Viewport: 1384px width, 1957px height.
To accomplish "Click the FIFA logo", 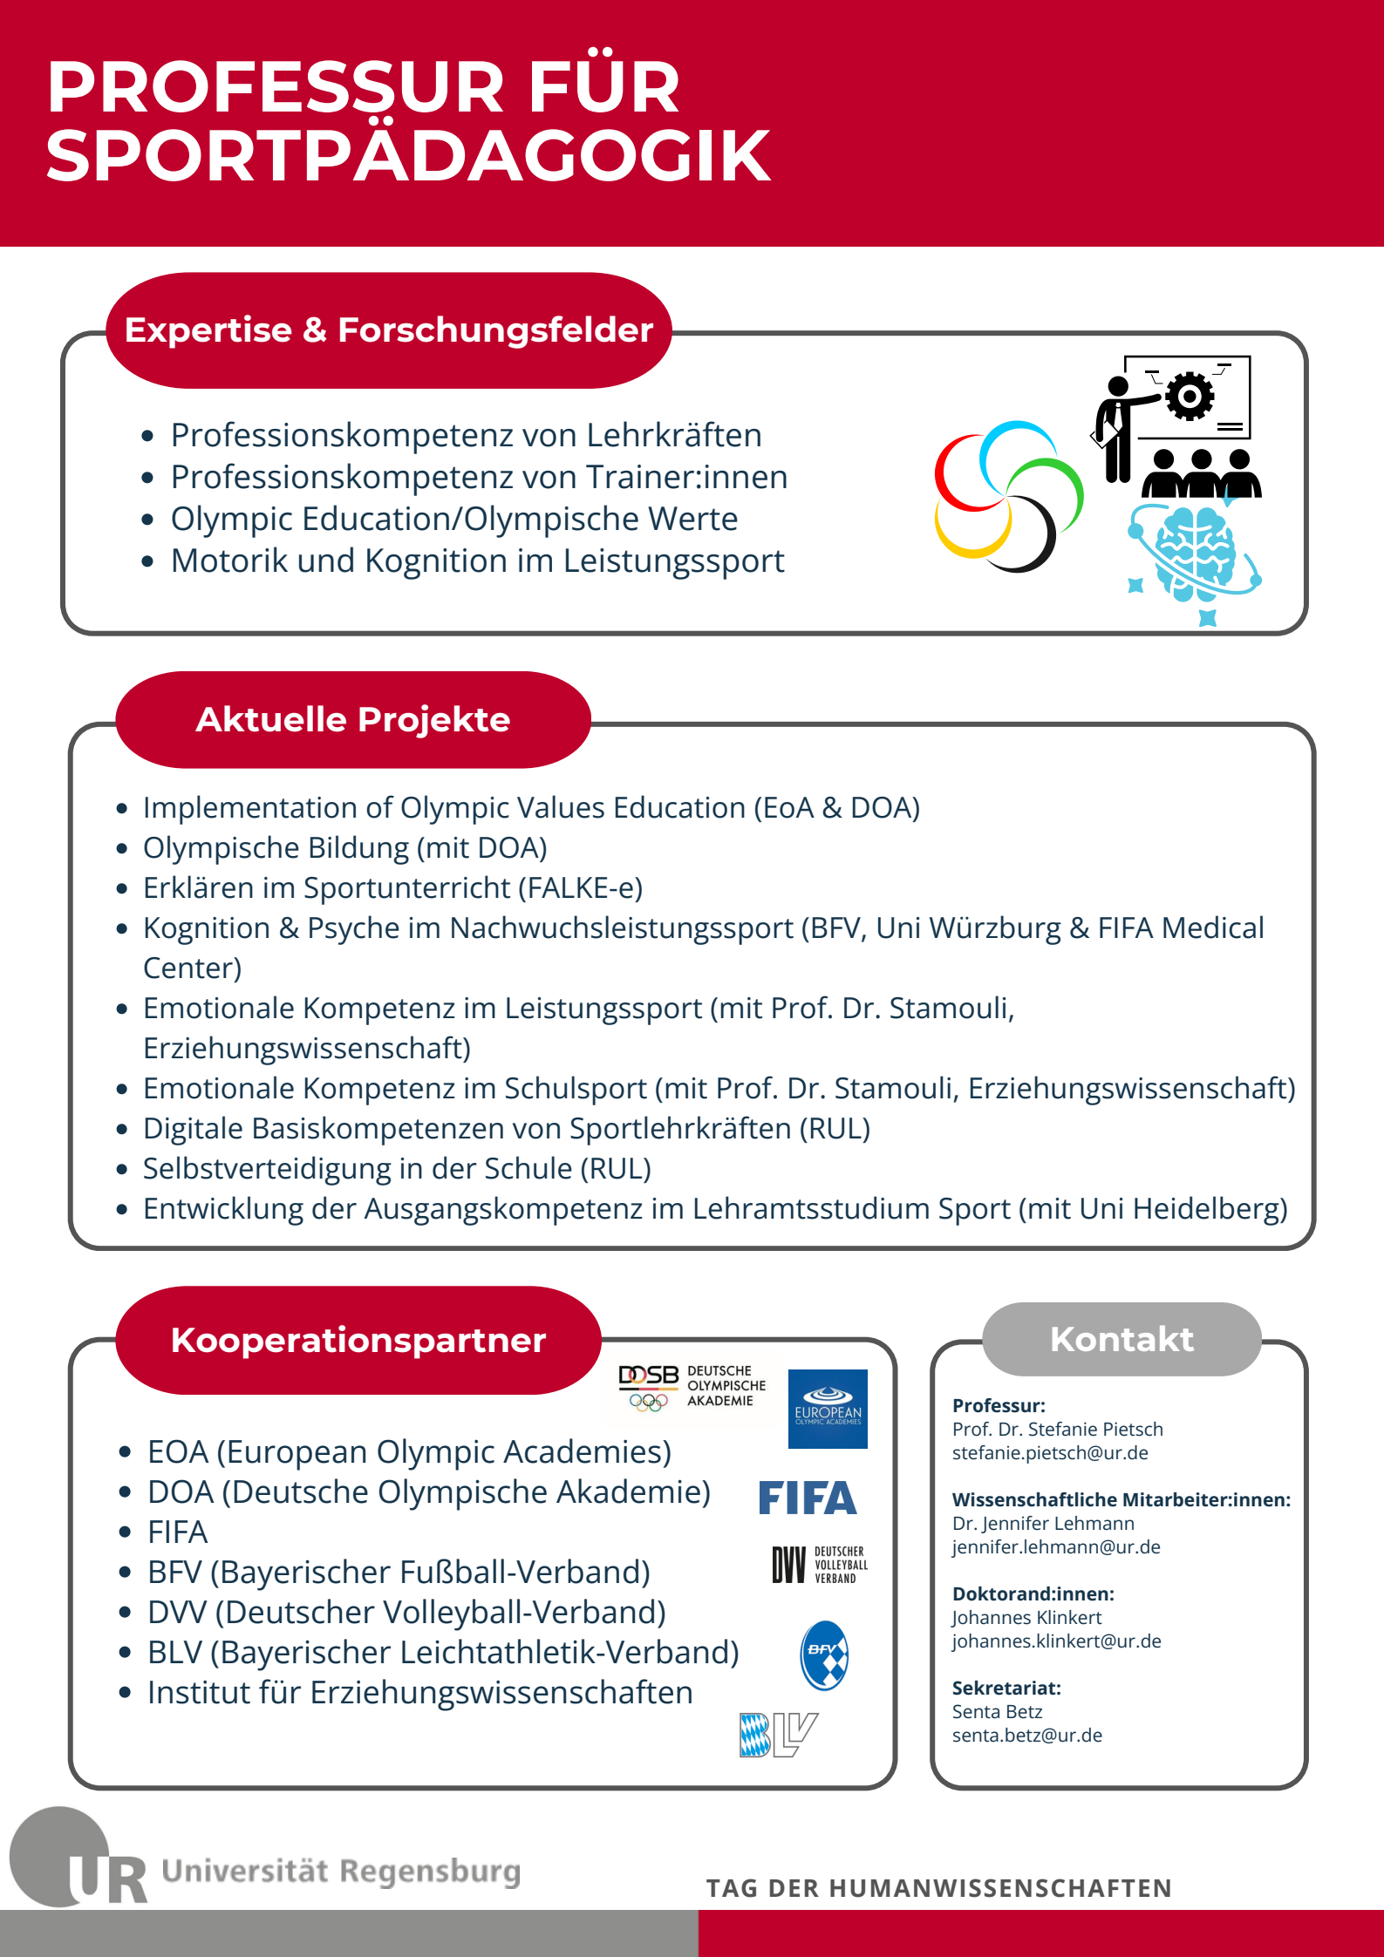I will tap(808, 1498).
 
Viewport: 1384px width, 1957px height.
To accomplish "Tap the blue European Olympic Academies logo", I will tap(828, 1409).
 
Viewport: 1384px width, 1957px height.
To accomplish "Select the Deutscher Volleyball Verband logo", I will tap(820, 1565).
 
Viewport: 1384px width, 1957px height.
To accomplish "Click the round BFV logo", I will tap(824, 1655).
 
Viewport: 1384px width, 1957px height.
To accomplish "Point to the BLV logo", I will tap(778, 1735).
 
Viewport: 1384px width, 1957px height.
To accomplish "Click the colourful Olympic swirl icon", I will tap(1009, 496).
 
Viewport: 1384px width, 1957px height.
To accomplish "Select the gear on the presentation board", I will tap(1190, 397).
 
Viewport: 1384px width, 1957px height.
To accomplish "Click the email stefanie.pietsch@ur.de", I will tap(1050, 1453).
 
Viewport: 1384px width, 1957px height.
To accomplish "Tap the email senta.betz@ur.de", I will tap(1027, 1736).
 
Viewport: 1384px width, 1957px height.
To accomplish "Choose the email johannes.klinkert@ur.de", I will tap(1057, 1641).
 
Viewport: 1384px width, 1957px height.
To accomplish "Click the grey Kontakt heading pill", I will tap(1122, 1339).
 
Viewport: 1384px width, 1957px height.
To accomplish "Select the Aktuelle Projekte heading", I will tap(353, 720).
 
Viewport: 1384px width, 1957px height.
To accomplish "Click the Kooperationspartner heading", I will tap(358, 1341).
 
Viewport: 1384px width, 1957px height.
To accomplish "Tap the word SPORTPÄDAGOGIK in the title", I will tap(408, 156).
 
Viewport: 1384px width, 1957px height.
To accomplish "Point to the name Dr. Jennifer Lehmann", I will tap(1043, 1524).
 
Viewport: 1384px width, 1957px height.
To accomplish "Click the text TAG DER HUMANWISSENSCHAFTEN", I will tap(938, 1888).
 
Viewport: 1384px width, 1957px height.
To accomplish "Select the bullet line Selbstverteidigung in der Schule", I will tap(397, 1169).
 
